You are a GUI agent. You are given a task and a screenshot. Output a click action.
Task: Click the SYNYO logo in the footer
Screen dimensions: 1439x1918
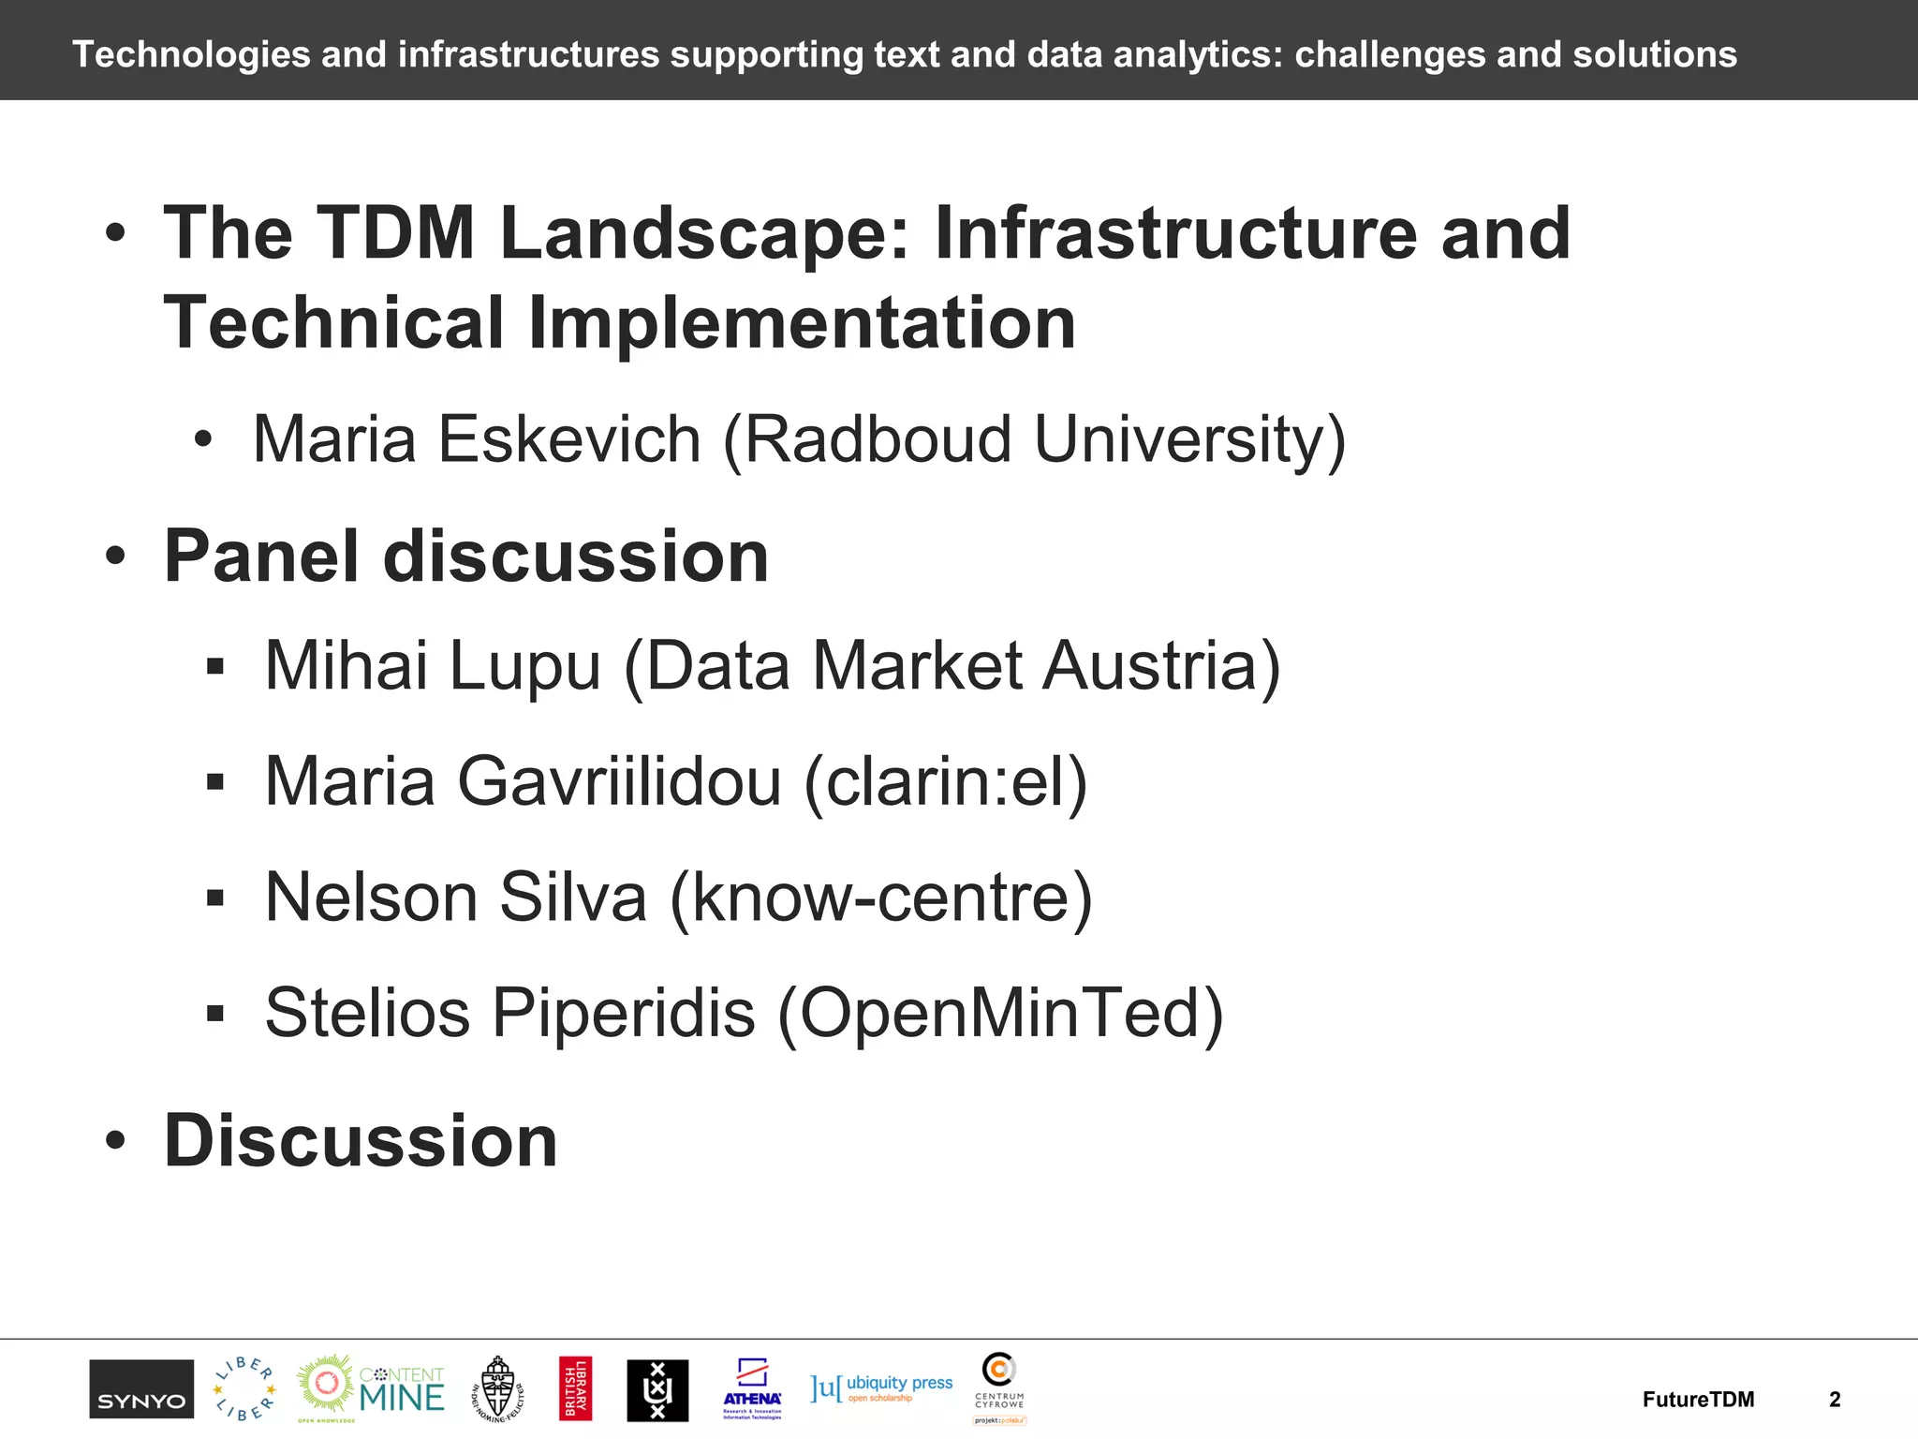pos(141,1388)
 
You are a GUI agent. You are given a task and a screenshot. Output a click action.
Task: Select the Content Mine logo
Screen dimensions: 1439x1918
pos(371,1388)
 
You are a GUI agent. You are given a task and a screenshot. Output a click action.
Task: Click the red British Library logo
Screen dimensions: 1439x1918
pos(575,1388)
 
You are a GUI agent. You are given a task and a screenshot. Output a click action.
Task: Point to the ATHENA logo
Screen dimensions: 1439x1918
pos(752,1389)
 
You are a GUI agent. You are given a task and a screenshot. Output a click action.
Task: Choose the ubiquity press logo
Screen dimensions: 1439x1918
pos(881,1387)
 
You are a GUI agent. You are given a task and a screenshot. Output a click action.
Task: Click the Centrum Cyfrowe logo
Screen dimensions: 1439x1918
pos(999,1387)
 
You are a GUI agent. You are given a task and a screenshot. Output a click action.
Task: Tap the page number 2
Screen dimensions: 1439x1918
pos(1835,1400)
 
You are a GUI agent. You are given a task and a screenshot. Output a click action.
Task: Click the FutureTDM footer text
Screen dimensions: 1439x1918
pos(1698,1400)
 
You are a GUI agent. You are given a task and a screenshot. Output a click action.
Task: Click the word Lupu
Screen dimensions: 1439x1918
pos(524,666)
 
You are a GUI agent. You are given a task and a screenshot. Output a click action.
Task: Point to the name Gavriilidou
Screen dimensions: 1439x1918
pos(618,781)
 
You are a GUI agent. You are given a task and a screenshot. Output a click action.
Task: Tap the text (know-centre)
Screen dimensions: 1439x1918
pos(880,898)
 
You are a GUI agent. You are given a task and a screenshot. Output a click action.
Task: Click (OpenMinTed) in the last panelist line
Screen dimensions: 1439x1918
pos(1000,1013)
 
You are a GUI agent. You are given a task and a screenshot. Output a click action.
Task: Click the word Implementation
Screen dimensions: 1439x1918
pos(802,322)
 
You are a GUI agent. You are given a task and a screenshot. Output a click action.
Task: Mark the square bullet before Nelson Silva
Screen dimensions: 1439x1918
pos(215,898)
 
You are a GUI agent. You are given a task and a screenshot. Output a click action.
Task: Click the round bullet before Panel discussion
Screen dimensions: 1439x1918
pos(115,556)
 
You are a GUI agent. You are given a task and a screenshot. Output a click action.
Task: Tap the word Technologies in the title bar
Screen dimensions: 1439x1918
pos(191,54)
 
